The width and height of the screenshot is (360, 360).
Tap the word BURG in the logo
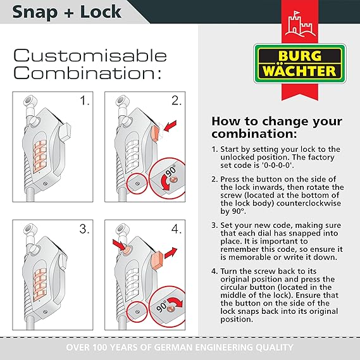pyautogui.click(x=300, y=56)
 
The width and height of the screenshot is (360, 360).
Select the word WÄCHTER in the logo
pyautogui.click(x=299, y=71)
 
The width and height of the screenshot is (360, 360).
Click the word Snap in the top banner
pyautogui.click(x=35, y=13)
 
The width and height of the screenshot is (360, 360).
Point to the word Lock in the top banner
pyautogui.click(x=101, y=12)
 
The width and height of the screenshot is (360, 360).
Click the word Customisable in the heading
pyautogui.click(x=90, y=56)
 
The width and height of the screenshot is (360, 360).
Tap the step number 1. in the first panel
pyautogui.click(x=85, y=101)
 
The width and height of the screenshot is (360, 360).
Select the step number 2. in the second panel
pyautogui.click(x=177, y=101)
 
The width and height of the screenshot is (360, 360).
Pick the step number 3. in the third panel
pyautogui.click(x=84, y=229)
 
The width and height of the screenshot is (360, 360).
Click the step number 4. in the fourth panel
pyautogui.click(x=177, y=229)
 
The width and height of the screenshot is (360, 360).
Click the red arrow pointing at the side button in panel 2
pyautogui.click(x=170, y=126)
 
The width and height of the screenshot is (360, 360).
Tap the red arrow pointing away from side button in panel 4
pyautogui.click(x=171, y=253)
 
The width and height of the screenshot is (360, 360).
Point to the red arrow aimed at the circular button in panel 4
pyautogui.click(x=119, y=244)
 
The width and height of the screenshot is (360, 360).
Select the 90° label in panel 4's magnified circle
pyautogui.click(x=162, y=306)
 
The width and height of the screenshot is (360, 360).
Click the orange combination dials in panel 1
pyautogui.click(x=40, y=157)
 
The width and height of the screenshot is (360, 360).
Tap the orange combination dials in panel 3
pyautogui.click(x=40, y=285)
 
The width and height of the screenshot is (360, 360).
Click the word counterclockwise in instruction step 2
pyautogui.click(x=309, y=204)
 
